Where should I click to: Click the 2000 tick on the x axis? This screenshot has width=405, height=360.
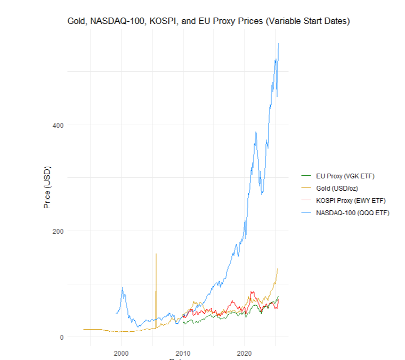[x=122, y=353]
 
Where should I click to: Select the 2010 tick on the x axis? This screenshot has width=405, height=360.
[x=183, y=353]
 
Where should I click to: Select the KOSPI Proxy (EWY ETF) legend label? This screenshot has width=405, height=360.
[x=351, y=201]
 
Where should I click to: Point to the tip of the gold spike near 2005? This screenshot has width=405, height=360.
[x=156, y=253]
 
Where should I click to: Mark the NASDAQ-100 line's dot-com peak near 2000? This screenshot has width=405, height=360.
[x=123, y=288]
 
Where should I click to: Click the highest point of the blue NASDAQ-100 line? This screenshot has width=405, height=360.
[x=279, y=43]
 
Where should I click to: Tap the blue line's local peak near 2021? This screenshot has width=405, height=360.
[x=256, y=132]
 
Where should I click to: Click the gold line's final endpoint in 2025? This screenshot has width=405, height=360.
[x=278, y=268]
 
